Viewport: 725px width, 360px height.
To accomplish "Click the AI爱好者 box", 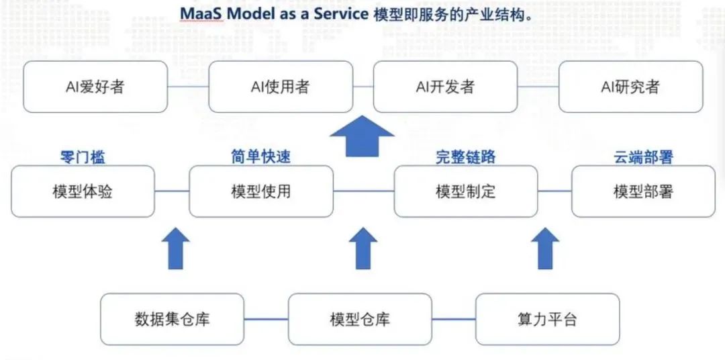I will (95, 87).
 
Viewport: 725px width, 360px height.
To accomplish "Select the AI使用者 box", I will (280, 87).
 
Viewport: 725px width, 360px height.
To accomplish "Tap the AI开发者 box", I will (445, 87).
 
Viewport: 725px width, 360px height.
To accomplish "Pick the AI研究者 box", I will (630, 87).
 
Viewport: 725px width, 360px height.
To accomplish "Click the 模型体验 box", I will (83, 191).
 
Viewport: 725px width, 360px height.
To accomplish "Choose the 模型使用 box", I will (261, 191).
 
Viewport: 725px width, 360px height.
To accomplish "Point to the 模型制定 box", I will (465, 191).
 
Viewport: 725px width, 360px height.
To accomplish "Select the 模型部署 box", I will (643, 191).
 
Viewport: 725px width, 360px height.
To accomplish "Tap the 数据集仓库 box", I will (173, 319).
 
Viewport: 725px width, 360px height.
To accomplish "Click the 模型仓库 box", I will (360, 319).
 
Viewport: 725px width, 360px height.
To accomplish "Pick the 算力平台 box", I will (547, 319).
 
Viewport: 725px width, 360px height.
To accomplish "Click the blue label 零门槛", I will (83, 157).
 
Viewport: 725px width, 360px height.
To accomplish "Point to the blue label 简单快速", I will (261, 157).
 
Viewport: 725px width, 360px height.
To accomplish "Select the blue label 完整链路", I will (465, 157).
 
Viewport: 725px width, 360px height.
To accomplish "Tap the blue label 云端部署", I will (643, 157).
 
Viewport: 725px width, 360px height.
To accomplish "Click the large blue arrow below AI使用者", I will (362, 136).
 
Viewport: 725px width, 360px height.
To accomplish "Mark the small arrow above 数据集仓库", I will (176, 248).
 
